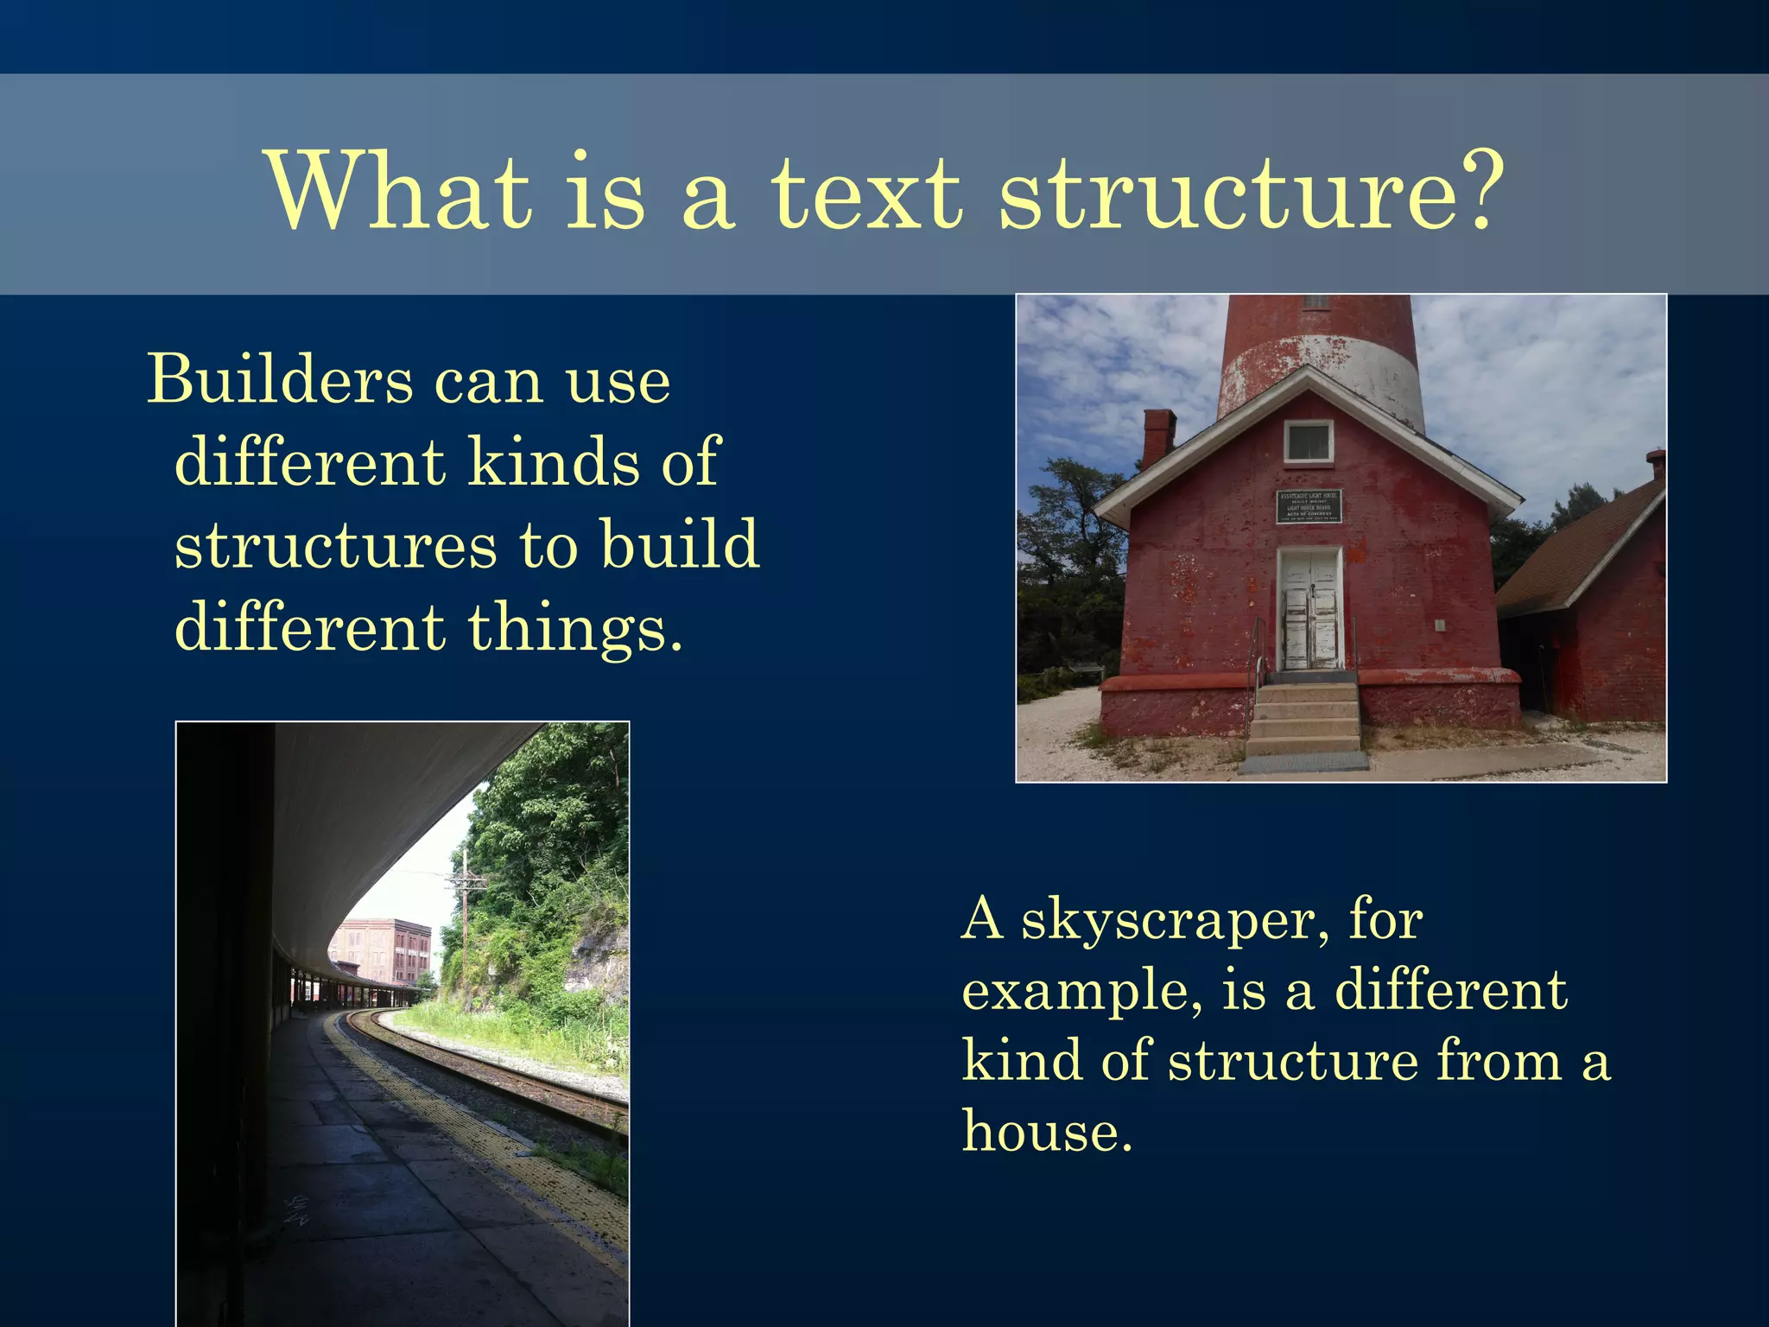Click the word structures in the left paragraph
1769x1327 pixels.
click(336, 546)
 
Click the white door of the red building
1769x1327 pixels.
click(1309, 609)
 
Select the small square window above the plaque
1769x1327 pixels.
click(1308, 441)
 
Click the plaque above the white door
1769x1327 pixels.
click(1309, 507)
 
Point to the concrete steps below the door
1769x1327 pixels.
click(1305, 717)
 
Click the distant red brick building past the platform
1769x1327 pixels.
click(384, 950)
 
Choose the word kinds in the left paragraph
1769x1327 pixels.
click(553, 463)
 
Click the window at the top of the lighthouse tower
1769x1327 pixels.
click(1316, 302)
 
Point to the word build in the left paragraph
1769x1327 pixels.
click(680, 546)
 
